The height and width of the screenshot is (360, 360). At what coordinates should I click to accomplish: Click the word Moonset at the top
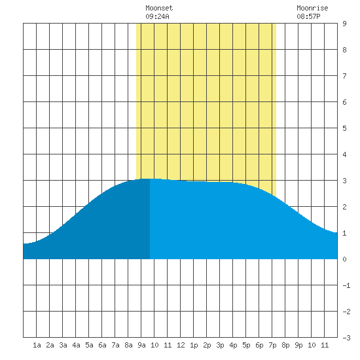click(159, 8)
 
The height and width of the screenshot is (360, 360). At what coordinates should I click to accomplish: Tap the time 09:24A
click(157, 16)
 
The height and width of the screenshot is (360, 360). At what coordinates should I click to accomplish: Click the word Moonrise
click(312, 8)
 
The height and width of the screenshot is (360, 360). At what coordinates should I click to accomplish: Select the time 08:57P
click(308, 16)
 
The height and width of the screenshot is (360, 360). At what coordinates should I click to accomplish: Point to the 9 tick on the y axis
click(344, 24)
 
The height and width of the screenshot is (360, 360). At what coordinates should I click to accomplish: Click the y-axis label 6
click(344, 102)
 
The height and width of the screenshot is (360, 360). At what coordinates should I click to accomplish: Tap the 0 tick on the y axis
click(344, 259)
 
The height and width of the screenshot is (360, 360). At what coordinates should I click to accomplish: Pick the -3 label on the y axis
click(346, 338)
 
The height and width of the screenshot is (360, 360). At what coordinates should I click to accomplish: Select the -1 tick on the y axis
click(346, 285)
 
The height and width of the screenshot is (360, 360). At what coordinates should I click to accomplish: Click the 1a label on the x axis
click(37, 345)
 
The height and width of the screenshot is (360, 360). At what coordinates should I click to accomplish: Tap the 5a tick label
click(89, 345)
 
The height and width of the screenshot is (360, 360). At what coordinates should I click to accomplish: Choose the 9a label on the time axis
click(141, 345)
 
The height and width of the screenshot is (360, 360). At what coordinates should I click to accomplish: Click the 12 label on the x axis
click(181, 345)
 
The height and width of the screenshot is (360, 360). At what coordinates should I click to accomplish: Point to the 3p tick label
click(220, 345)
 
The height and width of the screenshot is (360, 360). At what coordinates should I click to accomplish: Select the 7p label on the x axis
click(272, 345)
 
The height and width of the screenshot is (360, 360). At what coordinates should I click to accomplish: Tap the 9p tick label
click(298, 345)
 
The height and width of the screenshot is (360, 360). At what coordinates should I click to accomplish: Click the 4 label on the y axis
click(344, 154)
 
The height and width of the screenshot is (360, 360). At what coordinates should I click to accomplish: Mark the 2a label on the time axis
click(50, 345)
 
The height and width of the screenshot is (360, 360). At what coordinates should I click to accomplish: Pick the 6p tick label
click(259, 345)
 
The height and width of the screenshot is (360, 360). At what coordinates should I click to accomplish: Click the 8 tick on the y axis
click(344, 50)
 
